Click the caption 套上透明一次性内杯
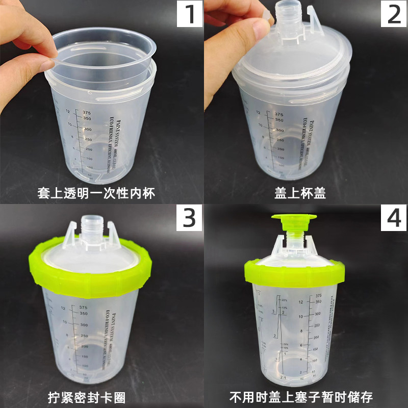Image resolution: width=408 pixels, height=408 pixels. point(96,193)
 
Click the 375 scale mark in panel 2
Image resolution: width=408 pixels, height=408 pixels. point(278,115)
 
